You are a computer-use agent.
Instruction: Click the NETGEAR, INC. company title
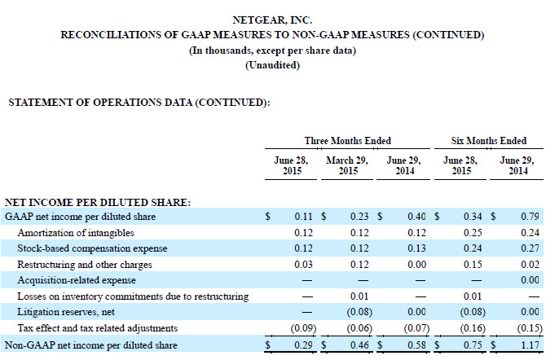point(272,19)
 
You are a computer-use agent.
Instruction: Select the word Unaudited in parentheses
point(272,65)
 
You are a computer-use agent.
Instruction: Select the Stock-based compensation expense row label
point(92,248)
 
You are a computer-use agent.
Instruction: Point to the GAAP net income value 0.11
point(304,217)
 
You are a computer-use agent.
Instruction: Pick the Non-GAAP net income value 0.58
point(416,344)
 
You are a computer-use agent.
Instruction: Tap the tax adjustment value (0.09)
point(302,327)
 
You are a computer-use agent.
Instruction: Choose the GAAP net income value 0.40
point(416,217)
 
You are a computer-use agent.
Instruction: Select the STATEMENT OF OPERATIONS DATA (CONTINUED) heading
point(138,103)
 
